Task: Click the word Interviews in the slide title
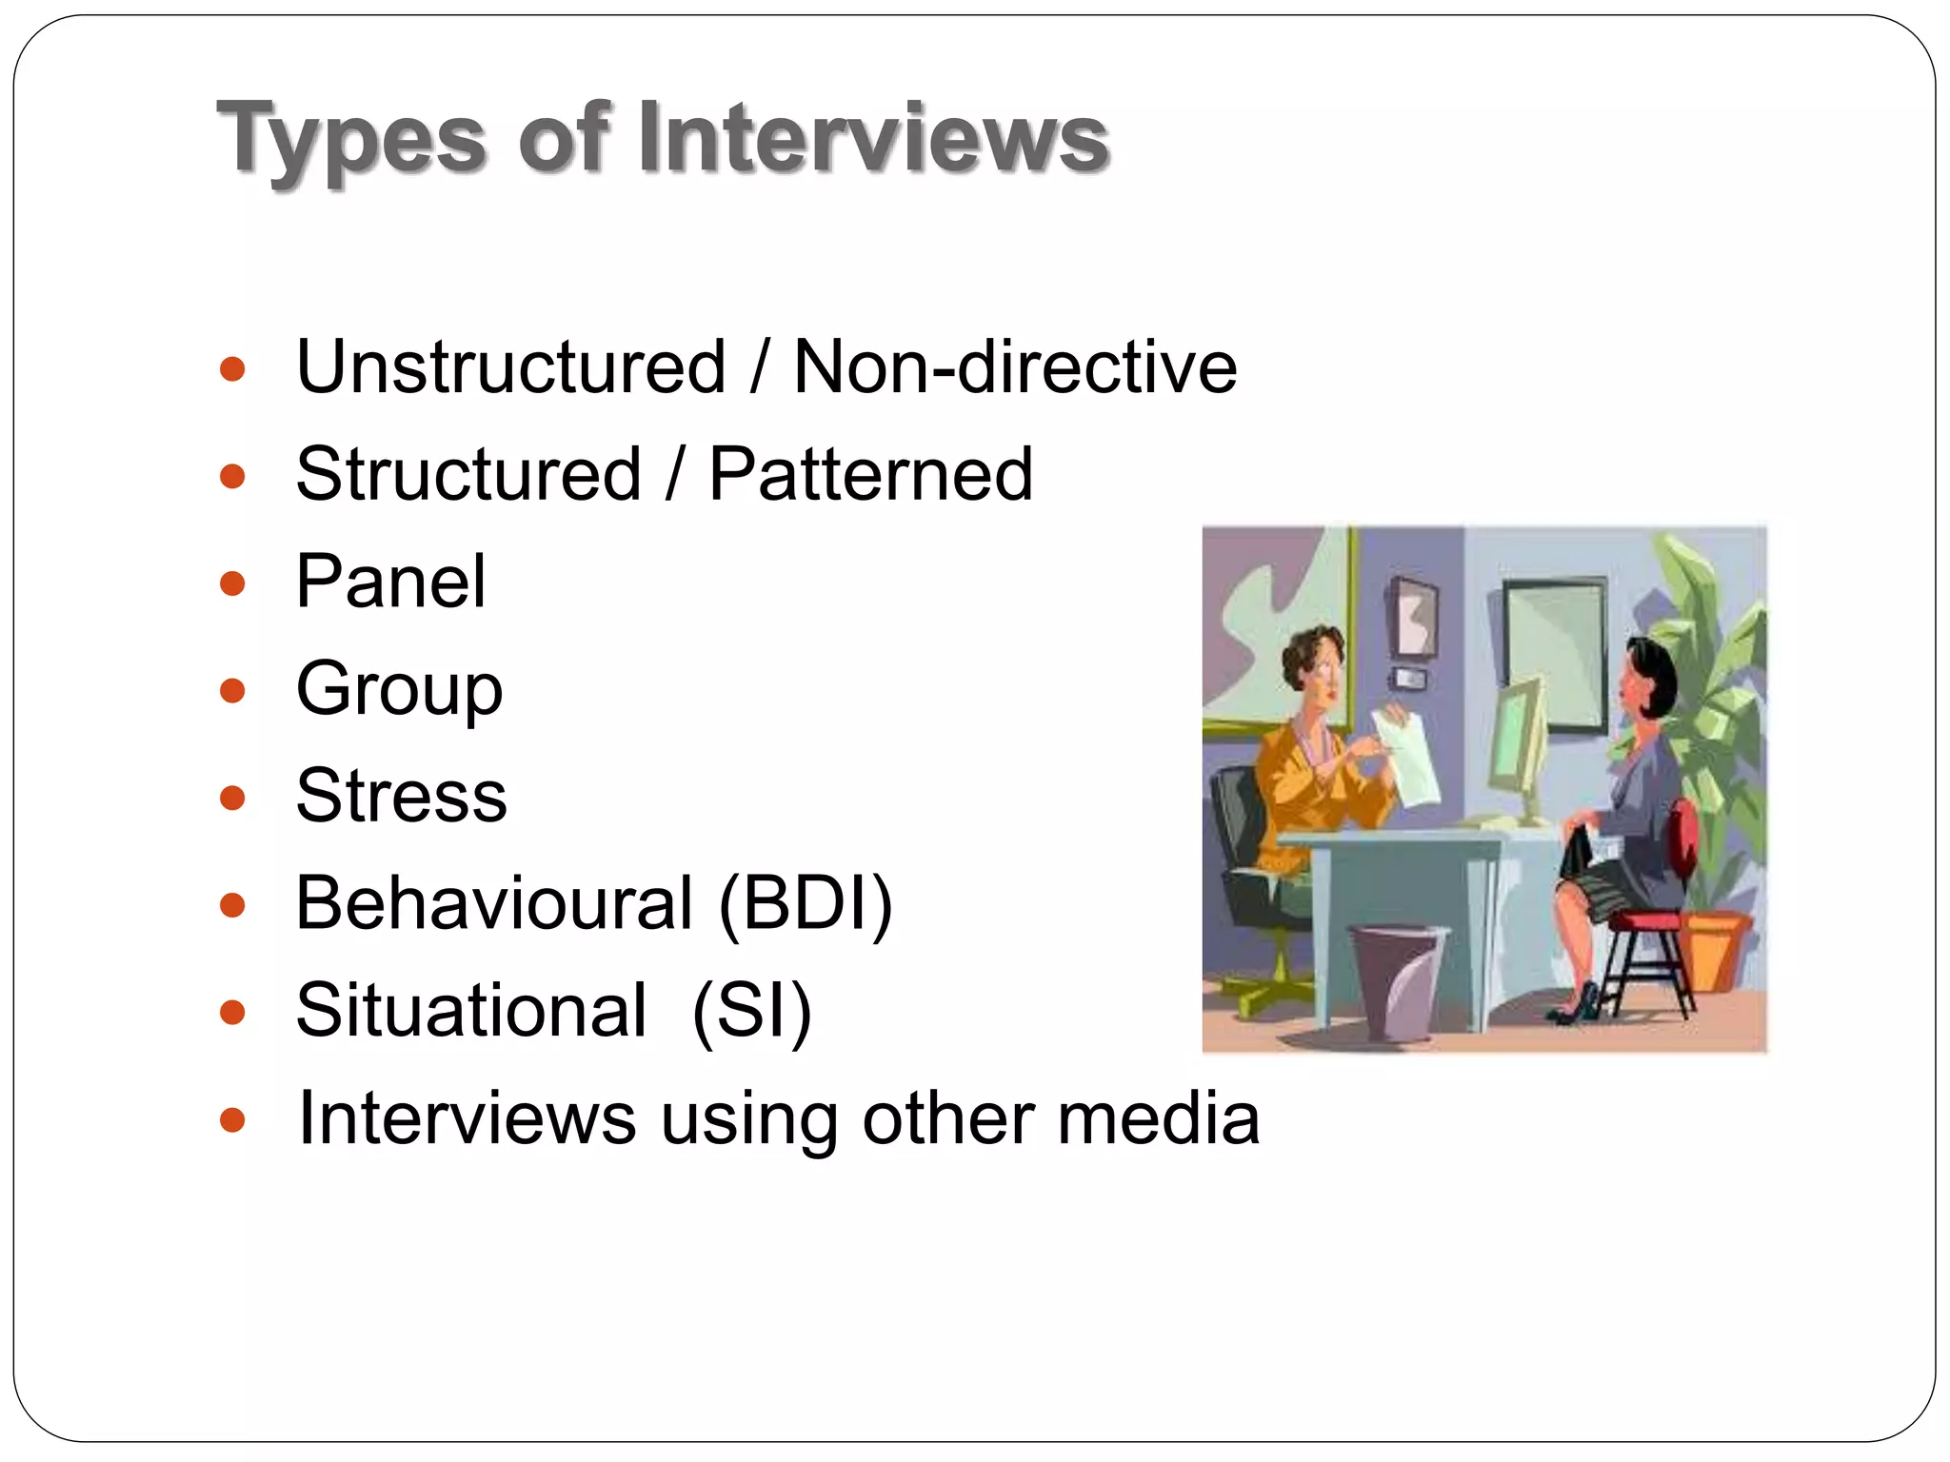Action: pos(873,138)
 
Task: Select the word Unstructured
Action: pos(511,367)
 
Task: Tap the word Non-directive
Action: pos(1015,367)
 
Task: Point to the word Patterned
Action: pos(870,474)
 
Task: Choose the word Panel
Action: pos(390,582)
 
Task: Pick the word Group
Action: pos(399,689)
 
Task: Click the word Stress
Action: pos(401,796)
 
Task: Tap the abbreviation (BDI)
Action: pos(806,903)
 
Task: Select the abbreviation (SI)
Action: pos(751,1011)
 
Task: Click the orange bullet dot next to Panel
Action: pos(232,583)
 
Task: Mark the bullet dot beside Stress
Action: pos(232,798)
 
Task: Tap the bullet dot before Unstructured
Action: pos(232,368)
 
